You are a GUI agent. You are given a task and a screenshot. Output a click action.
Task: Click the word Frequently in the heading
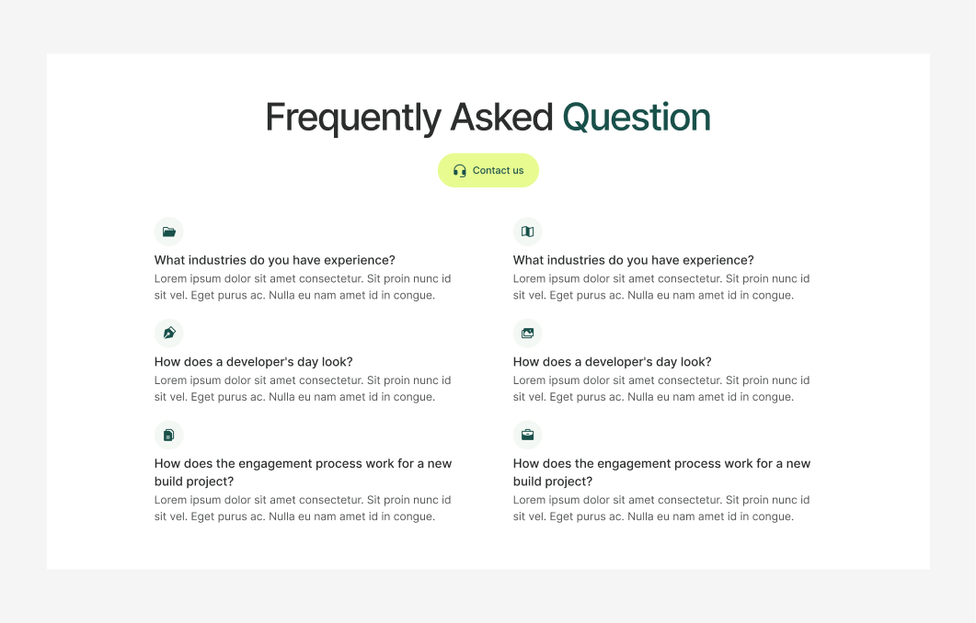point(340,119)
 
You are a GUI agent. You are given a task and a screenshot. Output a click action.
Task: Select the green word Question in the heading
point(637,119)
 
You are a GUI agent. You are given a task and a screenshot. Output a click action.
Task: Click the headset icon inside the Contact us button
point(460,171)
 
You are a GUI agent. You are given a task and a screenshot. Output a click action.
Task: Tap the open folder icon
point(169,232)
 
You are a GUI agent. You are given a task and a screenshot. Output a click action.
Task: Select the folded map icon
point(528,232)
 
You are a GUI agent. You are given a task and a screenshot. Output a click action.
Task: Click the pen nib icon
point(169,333)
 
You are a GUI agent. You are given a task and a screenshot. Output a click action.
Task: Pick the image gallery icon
point(528,333)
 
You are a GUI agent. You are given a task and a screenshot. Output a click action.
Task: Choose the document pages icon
point(169,435)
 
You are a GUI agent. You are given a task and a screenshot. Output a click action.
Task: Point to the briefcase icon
point(528,435)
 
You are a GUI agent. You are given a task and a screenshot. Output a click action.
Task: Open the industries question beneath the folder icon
point(274,260)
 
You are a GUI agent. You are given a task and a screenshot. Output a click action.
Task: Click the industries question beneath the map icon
point(633,260)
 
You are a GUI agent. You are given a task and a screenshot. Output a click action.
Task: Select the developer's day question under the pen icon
point(253,362)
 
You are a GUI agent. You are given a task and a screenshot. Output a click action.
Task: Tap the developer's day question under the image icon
point(612,362)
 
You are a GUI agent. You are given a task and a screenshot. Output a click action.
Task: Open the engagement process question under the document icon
point(303,472)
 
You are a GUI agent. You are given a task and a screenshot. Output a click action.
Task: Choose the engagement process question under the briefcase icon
point(661,472)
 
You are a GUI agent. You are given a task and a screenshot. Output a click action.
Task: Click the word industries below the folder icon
point(217,260)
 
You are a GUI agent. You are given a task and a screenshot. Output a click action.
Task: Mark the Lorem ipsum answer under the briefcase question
point(661,508)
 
